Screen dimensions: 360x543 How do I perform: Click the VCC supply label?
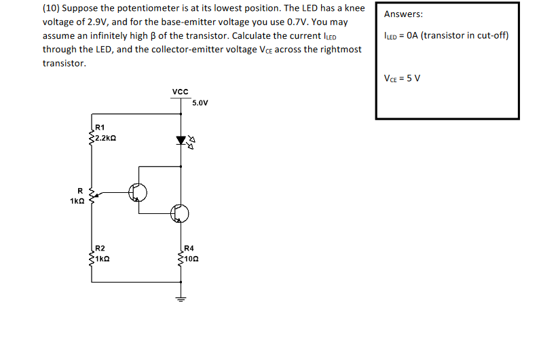181,90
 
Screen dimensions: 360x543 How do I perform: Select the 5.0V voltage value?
200,103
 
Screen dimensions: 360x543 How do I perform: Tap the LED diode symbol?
181,141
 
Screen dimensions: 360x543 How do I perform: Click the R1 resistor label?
100,127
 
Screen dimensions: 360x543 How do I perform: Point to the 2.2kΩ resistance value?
105,137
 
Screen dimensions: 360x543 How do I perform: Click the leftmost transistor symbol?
138,192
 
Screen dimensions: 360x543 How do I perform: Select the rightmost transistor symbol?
180,213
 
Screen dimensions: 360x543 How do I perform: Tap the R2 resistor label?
100,248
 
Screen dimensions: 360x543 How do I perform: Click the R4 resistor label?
189,248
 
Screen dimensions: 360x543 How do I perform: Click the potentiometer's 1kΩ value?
77,200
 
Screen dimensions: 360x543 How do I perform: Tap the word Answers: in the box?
403,14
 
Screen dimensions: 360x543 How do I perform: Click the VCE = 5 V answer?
402,77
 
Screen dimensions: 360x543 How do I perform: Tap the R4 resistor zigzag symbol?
181,258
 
